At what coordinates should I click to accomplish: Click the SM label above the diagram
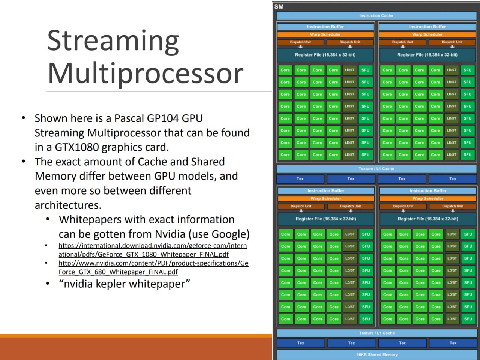point(279,7)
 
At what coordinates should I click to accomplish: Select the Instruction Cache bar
point(376,16)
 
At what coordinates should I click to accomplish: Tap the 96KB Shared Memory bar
point(377,354)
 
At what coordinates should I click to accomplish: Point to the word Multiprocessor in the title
point(145,73)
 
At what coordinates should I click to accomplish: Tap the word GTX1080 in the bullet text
point(77,147)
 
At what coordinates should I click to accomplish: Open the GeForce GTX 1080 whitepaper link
point(153,250)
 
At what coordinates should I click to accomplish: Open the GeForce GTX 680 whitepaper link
point(153,267)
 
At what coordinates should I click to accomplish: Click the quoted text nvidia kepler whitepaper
point(124,284)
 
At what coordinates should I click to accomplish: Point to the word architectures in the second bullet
point(68,205)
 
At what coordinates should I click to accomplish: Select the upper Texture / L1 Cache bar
point(376,169)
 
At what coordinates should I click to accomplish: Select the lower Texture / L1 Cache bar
point(377,333)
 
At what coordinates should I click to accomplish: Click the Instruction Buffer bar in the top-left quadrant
point(325,27)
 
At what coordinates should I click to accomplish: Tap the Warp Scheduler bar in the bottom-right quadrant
point(428,199)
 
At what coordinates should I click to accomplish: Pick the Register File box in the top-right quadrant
point(427,55)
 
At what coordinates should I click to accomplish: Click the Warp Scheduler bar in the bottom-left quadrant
point(326,199)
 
